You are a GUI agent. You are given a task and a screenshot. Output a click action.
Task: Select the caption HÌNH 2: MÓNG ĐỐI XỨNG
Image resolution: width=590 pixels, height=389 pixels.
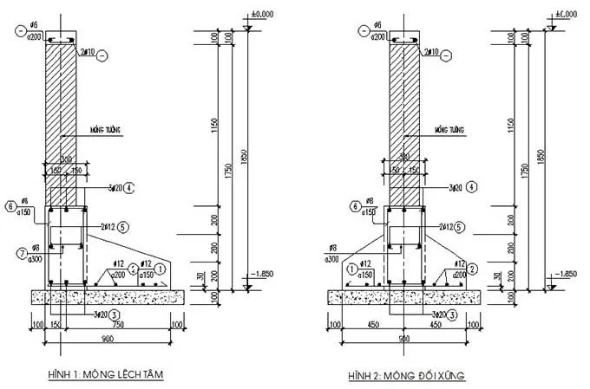pos(408,374)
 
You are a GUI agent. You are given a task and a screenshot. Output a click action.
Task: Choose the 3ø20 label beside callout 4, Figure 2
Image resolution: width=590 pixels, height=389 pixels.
pos(448,186)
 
